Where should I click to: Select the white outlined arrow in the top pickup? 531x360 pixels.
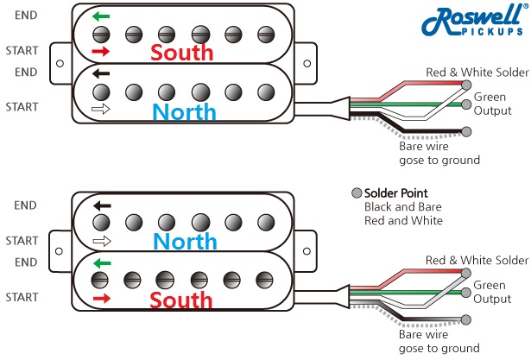[101, 110]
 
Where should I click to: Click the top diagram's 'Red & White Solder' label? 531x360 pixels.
[475, 73]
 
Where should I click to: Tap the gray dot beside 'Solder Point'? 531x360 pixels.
[357, 193]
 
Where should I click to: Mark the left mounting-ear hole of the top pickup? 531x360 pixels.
[59, 64]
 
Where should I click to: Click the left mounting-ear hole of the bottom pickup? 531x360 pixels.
[59, 250]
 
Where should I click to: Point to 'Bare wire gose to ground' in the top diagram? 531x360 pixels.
[439, 154]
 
